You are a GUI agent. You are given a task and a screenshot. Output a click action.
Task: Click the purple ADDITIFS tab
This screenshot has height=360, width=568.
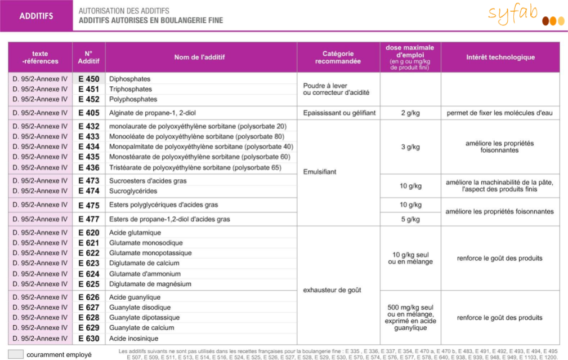(36, 16)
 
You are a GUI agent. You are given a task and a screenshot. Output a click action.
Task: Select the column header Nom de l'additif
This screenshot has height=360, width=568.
(200, 57)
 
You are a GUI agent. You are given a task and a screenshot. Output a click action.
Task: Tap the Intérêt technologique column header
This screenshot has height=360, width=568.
(500, 57)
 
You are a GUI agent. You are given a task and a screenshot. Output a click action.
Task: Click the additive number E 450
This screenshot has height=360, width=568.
(88, 79)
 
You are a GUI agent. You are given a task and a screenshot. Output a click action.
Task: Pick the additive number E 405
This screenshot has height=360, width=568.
(88, 113)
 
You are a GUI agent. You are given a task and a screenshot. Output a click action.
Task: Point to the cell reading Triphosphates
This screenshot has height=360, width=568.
(130, 89)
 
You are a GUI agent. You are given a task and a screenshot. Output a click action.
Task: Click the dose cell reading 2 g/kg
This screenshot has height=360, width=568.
(410, 113)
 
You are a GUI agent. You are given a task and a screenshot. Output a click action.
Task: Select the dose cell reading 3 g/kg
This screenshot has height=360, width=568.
(410, 147)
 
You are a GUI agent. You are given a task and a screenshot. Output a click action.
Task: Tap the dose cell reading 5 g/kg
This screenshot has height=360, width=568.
(410, 219)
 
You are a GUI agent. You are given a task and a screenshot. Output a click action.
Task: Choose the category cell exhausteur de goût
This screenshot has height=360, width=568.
(332, 290)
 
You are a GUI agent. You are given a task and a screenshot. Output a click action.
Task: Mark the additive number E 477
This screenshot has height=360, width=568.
(88, 219)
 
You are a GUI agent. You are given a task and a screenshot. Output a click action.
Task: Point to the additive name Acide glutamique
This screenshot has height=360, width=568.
(135, 233)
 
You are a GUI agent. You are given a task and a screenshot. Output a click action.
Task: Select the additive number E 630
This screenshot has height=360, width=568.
(88, 339)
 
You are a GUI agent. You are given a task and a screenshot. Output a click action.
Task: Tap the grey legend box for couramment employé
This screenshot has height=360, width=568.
(16, 354)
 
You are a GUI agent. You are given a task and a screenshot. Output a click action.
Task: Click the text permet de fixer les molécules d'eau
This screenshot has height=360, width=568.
(500, 113)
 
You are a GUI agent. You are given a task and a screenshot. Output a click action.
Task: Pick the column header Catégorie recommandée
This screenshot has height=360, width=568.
(338, 57)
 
